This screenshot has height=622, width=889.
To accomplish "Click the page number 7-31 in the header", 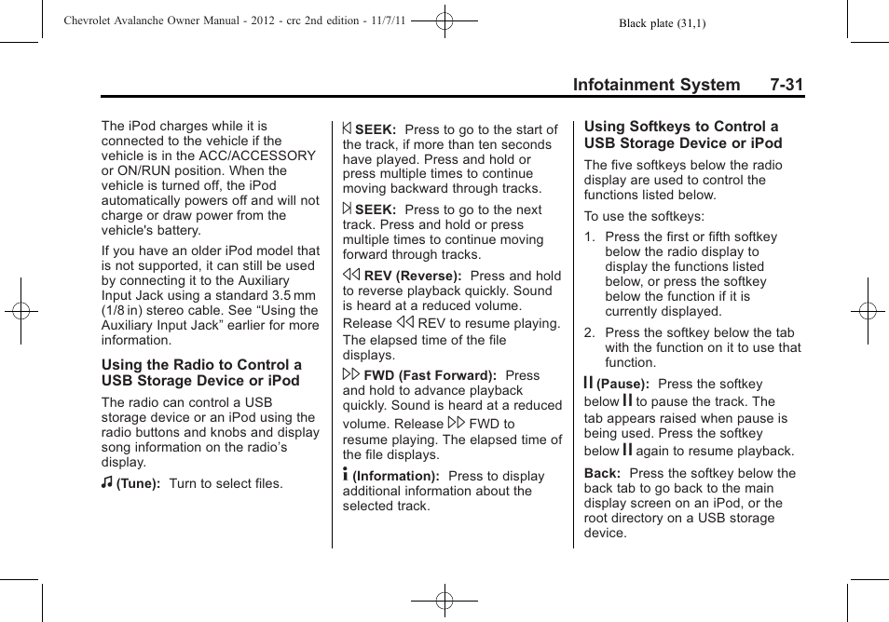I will [x=786, y=85].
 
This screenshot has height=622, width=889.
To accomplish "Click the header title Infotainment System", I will [x=656, y=85].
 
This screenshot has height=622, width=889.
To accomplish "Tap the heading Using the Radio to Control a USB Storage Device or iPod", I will [x=201, y=372].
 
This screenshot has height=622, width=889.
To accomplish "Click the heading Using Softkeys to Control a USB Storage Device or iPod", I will [x=682, y=135].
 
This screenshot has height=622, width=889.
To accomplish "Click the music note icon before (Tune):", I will [x=107, y=484].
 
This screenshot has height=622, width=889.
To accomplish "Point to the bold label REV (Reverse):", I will [x=413, y=277].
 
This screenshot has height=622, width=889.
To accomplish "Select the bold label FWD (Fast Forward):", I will [x=430, y=376].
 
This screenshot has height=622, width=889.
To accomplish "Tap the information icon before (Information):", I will [x=347, y=475].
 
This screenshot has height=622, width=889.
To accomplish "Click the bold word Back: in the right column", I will [x=602, y=473].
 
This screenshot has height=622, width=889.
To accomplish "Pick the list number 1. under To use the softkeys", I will [x=590, y=237].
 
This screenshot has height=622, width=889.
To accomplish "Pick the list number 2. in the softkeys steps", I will [x=590, y=332].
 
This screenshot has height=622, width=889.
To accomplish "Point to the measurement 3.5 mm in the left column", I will [x=292, y=295].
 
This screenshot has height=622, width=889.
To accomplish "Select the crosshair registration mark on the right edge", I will [x=867, y=311].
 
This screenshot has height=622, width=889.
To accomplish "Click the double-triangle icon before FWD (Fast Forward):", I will [x=351, y=374].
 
